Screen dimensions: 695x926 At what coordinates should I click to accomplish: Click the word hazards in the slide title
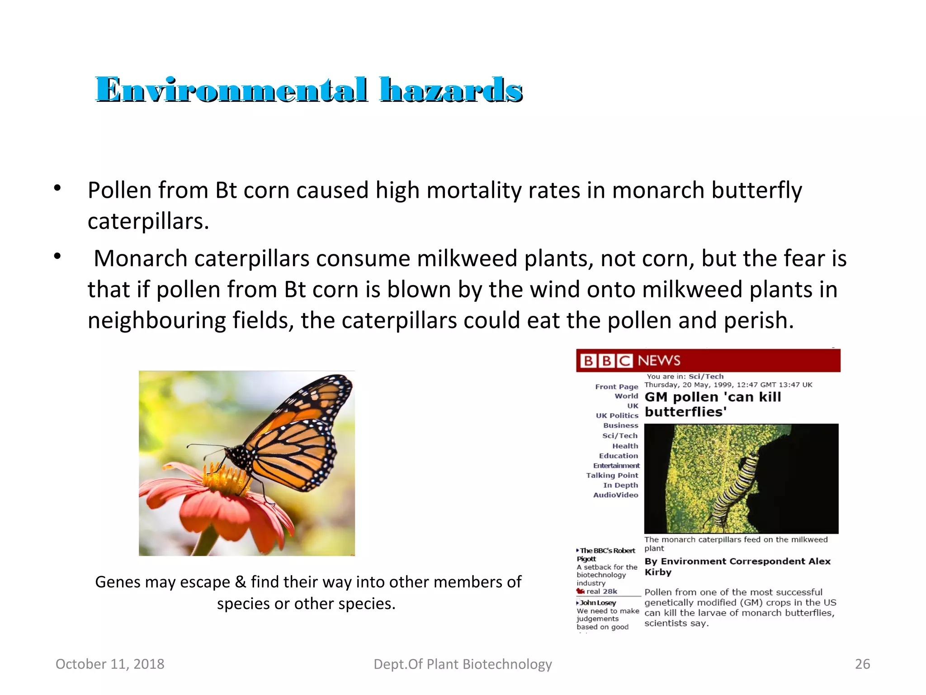pyautogui.click(x=451, y=90)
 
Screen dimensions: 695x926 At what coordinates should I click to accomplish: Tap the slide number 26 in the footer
pyautogui.click(x=862, y=664)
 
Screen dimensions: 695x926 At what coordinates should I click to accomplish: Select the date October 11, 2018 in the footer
pyautogui.click(x=110, y=664)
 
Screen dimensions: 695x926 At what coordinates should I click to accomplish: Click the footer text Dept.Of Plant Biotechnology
pyautogui.click(x=463, y=664)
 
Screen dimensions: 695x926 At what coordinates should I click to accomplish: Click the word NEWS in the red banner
pyautogui.click(x=659, y=361)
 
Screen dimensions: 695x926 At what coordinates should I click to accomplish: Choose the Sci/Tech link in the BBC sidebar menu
pyautogui.click(x=619, y=436)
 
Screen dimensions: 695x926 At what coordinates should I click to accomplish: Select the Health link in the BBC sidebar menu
pyautogui.click(x=625, y=446)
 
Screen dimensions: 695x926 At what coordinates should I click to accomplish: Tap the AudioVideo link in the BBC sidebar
pyautogui.click(x=615, y=495)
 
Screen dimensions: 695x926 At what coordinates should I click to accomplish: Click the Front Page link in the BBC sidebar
pyautogui.click(x=616, y=387)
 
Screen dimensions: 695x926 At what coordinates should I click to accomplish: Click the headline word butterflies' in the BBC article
pyautogui.click(x=685, y=412)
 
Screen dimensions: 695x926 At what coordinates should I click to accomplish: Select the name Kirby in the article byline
pyautogui.click(x=658, y=572)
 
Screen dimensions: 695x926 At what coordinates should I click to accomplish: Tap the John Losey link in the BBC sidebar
pyautogui.click(x=598, y=603)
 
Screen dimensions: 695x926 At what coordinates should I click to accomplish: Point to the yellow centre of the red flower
pyautogui.click(x=226, y=480)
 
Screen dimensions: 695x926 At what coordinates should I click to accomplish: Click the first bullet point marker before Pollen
pyautogui.click(x=57, y=188)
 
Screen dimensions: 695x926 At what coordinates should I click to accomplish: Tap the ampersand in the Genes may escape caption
pyautogui.click(x=240, y=582)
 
